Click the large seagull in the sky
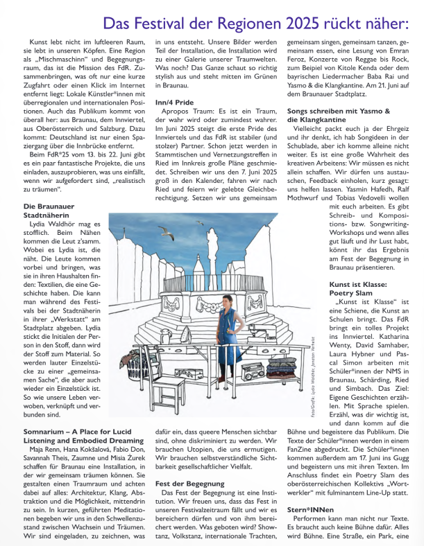[x=167, y=234]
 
